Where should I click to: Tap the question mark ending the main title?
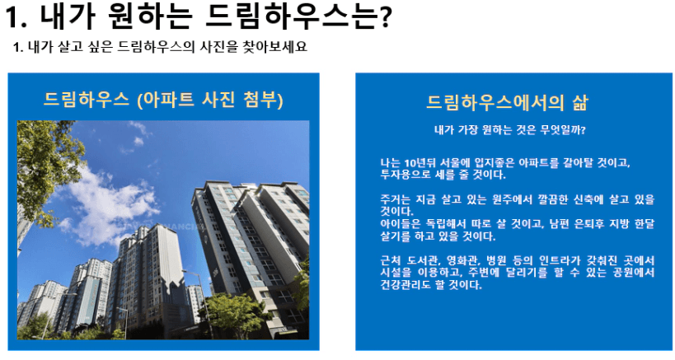click(x=385, y=17)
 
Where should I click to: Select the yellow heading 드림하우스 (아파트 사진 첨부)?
click(x=163, y=100)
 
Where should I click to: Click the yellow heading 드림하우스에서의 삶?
click(x=507, y=102)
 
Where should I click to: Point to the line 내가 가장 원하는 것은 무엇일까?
click(x=510, y=129)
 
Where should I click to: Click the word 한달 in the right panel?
click(x=645, y=223)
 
